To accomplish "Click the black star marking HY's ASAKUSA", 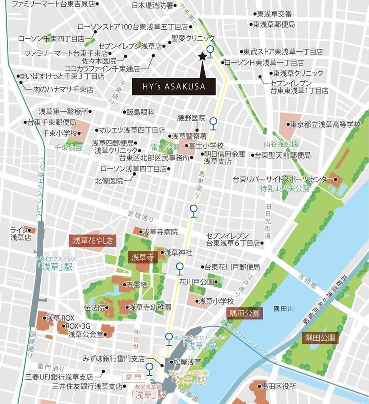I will (x=203, y=57).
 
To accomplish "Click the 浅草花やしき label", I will (x=93, y=240).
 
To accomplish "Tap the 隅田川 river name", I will (x=283, y=310).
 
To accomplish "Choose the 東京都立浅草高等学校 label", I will (x=325, y=125).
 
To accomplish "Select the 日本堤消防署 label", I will (x=152, y=6).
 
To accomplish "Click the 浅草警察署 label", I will (x=189, y=136).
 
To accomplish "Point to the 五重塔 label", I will (x=137, y=284).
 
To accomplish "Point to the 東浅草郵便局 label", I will (x=273, y=24).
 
